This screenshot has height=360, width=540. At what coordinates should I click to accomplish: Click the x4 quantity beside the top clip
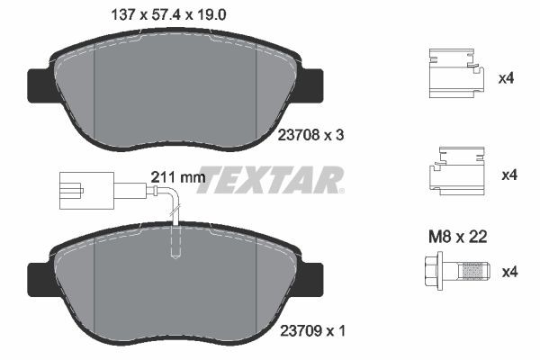506,79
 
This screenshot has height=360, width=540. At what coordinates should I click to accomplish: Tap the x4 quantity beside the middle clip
506,174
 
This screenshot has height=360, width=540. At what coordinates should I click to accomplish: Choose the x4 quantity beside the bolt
506,270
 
